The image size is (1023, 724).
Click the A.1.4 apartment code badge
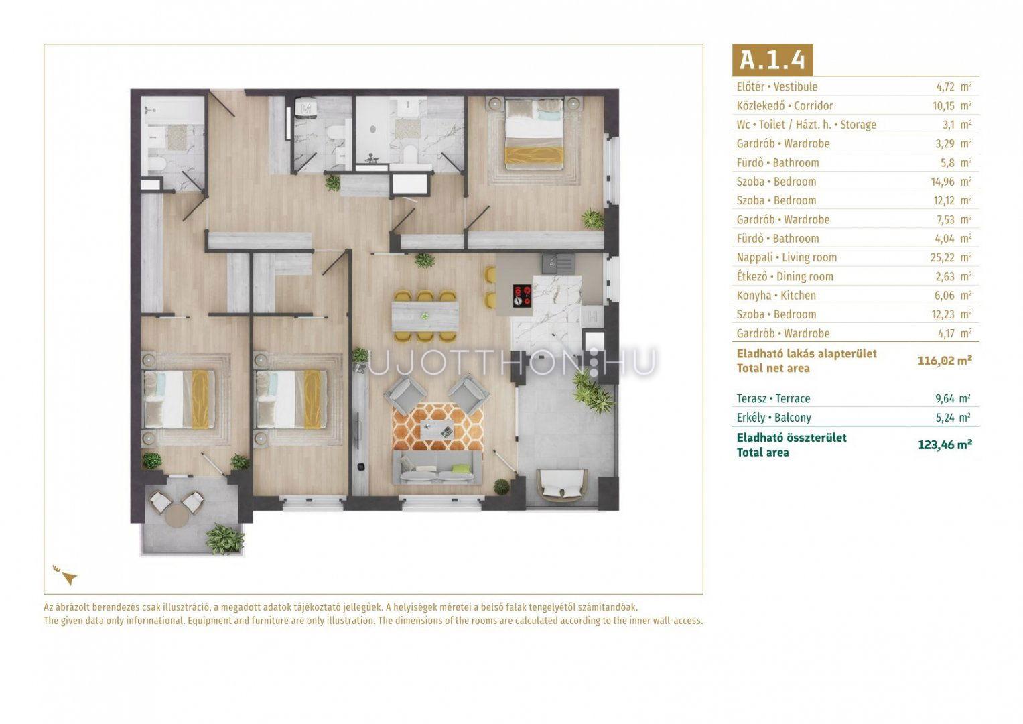(x=772, y=60)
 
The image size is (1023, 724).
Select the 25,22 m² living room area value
(x=951, y=257)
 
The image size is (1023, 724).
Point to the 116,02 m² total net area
(x=945, y=361)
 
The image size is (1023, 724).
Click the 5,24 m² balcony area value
(x=953, y=417)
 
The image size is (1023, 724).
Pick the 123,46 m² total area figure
(x=945, y=444)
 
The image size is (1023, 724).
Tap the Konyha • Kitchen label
(x=776, y=296)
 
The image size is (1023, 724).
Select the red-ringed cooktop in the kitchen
(x=522, y=295)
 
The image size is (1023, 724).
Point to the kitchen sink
(x=558, y=263)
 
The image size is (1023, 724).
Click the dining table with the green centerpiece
(x=425, y=316)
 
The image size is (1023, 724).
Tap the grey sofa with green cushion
(x=437, y=468)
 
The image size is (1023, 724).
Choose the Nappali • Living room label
(x=787, y=258)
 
